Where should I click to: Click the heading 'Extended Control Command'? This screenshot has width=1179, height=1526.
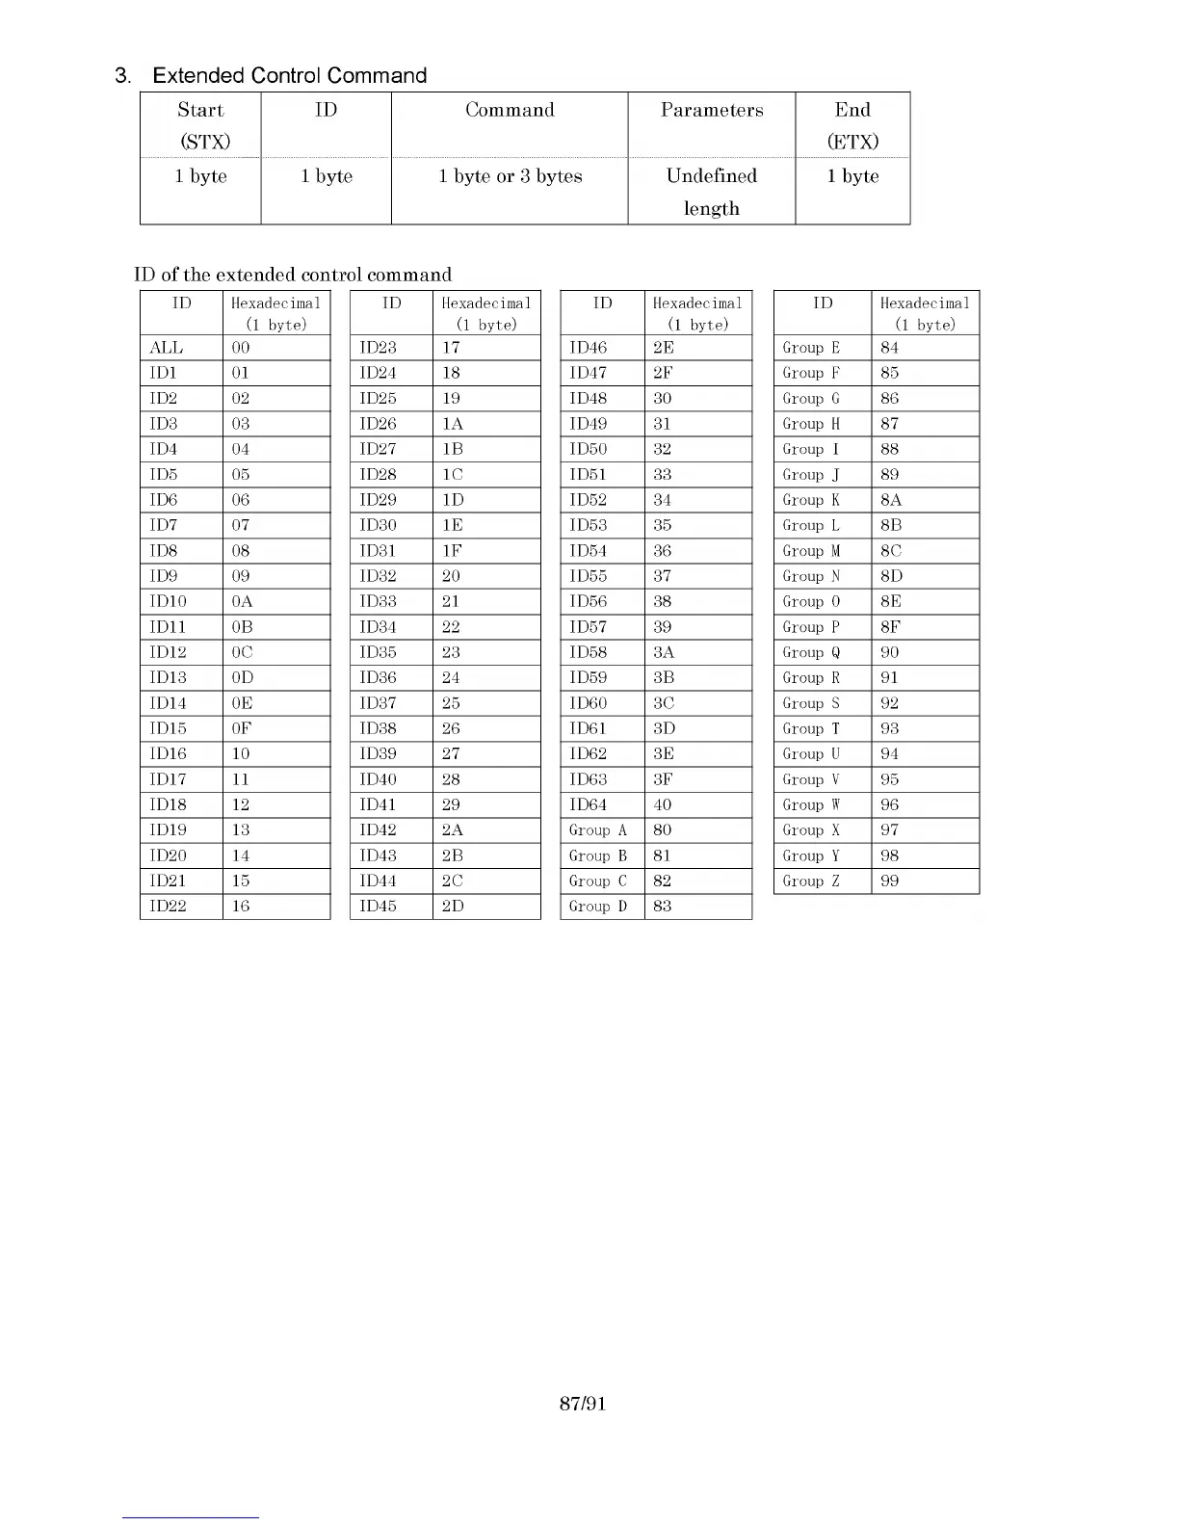point(289,75)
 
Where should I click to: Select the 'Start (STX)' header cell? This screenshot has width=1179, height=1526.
point(200,125)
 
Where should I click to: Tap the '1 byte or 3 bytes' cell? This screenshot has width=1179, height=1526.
point(510,176)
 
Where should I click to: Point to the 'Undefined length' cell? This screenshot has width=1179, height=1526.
point(712,191)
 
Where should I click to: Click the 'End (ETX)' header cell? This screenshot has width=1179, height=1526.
point(852,125)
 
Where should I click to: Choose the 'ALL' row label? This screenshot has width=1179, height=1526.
point(167,348)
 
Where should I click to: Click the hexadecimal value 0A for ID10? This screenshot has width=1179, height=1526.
point(242,601)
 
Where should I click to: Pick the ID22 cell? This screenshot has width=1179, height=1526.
point(169,907)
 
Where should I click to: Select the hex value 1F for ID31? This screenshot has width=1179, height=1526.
point(451,551)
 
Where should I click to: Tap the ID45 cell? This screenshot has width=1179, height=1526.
point(379,907)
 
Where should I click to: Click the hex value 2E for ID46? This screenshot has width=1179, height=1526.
point(664,348)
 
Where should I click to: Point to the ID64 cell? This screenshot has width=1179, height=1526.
point(589,804)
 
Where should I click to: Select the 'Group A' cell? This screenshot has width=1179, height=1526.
point(598,830)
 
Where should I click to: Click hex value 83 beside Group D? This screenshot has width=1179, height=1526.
point(663,907)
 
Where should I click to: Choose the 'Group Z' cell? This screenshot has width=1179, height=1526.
point(811,881)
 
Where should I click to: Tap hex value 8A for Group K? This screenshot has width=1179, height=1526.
point(891,500)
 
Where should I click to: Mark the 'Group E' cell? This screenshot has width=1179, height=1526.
point(811,348)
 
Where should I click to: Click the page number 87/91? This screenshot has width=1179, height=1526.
point(583,1404)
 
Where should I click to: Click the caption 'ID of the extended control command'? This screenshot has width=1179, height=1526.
point(293,275)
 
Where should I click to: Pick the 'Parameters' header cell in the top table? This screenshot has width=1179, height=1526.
point(712,110)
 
